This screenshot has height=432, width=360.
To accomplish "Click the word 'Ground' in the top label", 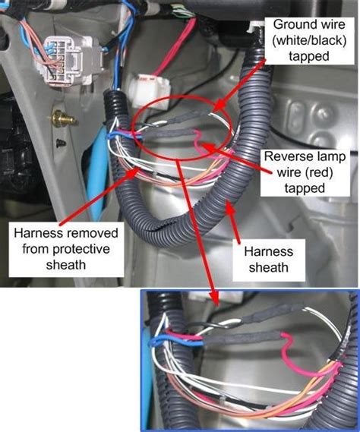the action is tap(291, 25).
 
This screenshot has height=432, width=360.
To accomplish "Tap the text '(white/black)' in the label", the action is tap(308, 40).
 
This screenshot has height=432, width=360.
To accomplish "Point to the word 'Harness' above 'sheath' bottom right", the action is tap(269, 251).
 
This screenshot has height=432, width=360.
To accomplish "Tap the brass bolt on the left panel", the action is tap(63, 119).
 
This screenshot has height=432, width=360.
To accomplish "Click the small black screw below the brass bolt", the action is tap(62, 143).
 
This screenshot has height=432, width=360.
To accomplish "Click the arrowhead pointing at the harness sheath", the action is tap(230, 207).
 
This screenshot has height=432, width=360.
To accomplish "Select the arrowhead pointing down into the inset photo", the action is tap(214, 298).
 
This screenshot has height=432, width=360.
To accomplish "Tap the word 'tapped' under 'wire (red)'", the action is tap(305, 188).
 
